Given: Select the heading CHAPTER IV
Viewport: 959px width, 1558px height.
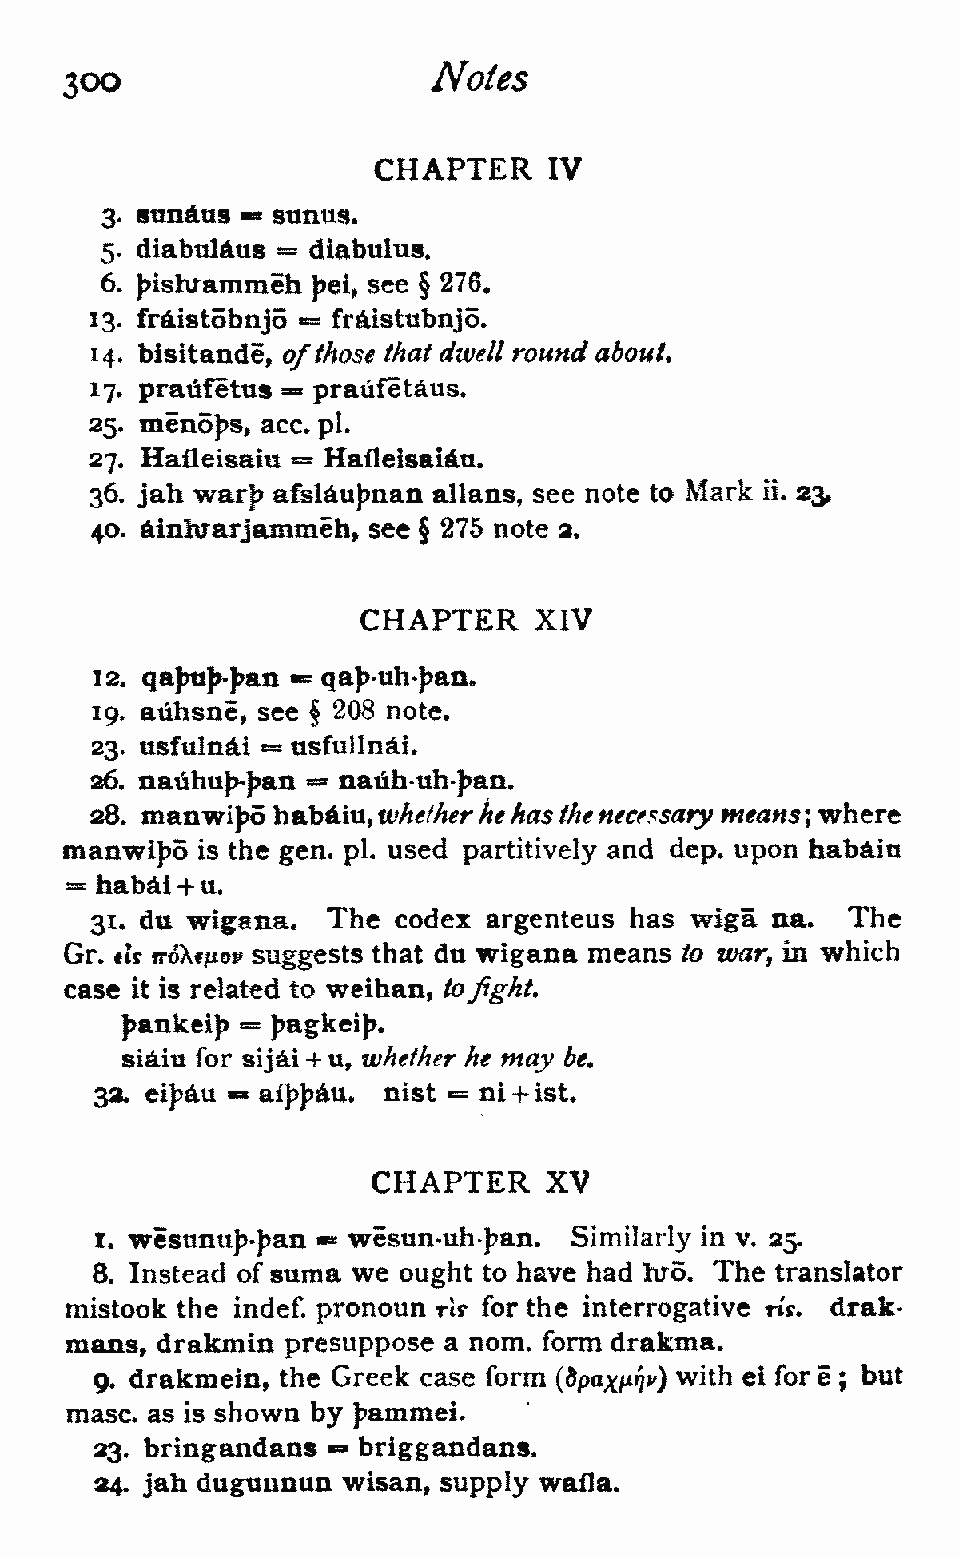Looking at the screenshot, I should pos(478,169).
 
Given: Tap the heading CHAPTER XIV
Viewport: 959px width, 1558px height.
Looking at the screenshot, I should pos(476,620).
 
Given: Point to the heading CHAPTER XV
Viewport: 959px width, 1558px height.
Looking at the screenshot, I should pos(480,1182).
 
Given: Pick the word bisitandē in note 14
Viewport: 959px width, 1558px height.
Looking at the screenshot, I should pos(207,353).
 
